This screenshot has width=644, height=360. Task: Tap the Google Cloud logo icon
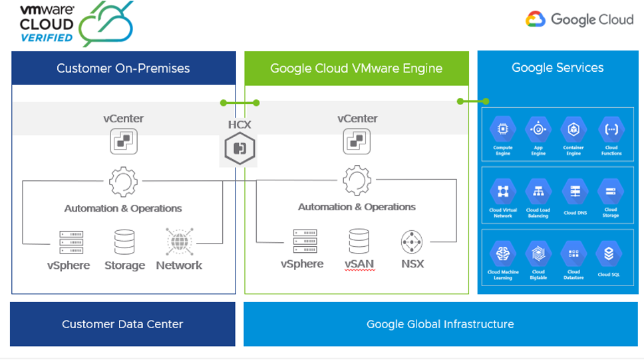click(x=536, y=19)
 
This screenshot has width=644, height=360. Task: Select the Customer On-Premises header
click(x=123, y=68)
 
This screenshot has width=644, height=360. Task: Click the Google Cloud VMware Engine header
click(x=356, y=68)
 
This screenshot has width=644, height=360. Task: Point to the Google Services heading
click(x=558, y=67)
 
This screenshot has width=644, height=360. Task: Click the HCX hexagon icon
click(x=240, y=148)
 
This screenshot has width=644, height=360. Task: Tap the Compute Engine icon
click(x=503, y=130)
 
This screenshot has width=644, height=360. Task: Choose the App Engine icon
click(x=538, y=130)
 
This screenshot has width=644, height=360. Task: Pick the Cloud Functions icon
click(x=611, y=130)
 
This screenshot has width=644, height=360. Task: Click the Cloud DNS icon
click(x=575, y=192)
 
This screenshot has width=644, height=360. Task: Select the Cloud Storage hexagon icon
click(x=610, y=192)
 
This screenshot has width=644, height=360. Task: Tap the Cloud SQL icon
click(x=609, y=254)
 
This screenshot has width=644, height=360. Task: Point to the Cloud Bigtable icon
click(x=538, y=254)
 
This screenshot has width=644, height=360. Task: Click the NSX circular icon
click(x=412, y=241)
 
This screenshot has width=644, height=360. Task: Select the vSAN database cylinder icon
click(x=359, y=241)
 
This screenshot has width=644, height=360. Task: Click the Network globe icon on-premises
click(x=178, y=242)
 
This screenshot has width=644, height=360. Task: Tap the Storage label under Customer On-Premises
click(x=124, y=266)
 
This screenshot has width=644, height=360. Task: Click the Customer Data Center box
click(x=122, y=324)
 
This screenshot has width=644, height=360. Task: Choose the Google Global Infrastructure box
click(x=440, y=324)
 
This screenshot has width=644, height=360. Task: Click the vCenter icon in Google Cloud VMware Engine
click(x=357, y=142)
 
